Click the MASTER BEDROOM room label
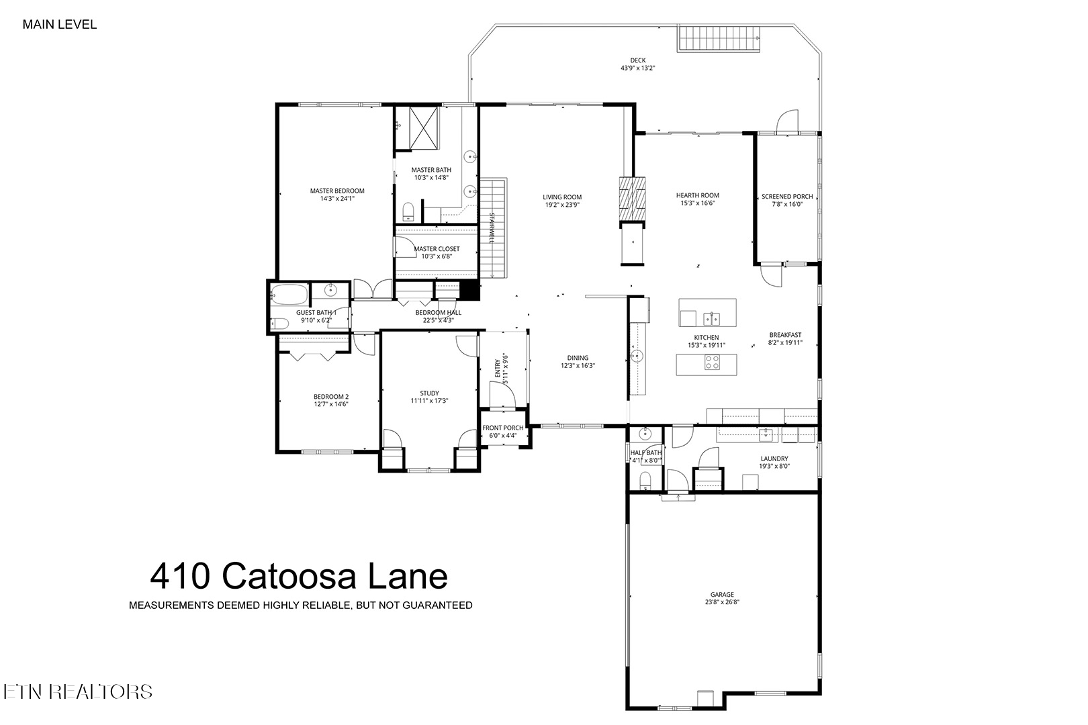[x=336, y=191]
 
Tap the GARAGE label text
[x=722, y=594]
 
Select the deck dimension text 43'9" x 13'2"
[x=637, y=68]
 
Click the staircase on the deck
[x=718, y=38]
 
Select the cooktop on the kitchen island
[x=712, y=362]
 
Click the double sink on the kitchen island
[x=712, y=317]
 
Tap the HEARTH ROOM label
[x=697, y=195]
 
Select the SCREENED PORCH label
[x=786, y=197]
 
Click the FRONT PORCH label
[x=503, y=428]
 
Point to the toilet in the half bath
[x=645, y=481]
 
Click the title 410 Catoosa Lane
[x=299, y=576]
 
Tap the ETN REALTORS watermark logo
[x=78, y=691]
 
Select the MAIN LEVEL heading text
[x=60, y=25]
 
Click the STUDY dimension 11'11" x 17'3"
[x=429, y=401]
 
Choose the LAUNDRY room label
[x=774, y=459]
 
